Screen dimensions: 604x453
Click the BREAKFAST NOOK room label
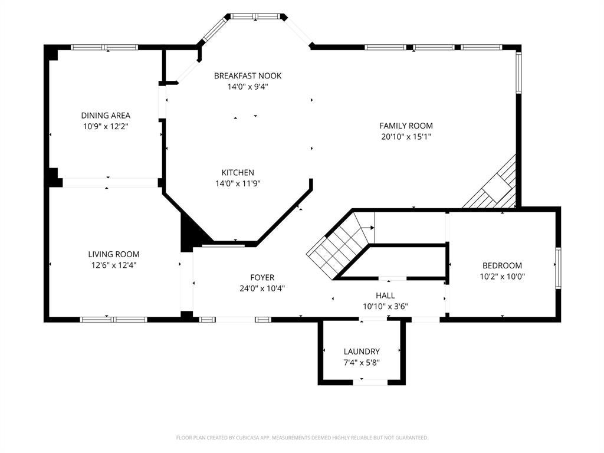click(248, 76)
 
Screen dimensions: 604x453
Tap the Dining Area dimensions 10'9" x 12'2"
click(106, 126)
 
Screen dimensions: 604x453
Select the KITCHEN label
click(238, 173)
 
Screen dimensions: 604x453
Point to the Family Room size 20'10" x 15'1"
click(406, 136)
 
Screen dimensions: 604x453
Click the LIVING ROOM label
click(114, 254)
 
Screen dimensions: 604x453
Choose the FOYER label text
click(262, 277)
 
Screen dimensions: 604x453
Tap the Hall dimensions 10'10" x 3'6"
click(385, 307)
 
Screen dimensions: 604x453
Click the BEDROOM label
click(503, 265)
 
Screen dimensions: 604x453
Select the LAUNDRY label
click(362, 352)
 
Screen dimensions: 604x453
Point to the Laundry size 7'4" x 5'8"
click(362, 363)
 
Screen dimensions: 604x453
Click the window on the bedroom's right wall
click(558, 268)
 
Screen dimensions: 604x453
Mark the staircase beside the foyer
click(339, 245)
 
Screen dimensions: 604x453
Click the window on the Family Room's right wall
click(518, 73)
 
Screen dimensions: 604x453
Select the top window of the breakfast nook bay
click(256, 16)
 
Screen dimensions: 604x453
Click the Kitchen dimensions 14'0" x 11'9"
click(238, 184)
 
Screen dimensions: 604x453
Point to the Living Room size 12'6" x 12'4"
click(114, 265)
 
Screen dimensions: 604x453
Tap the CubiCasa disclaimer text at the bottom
click(302, 438)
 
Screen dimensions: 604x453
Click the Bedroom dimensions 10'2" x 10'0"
click(503, 276)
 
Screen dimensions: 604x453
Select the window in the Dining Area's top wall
click(104, 47)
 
